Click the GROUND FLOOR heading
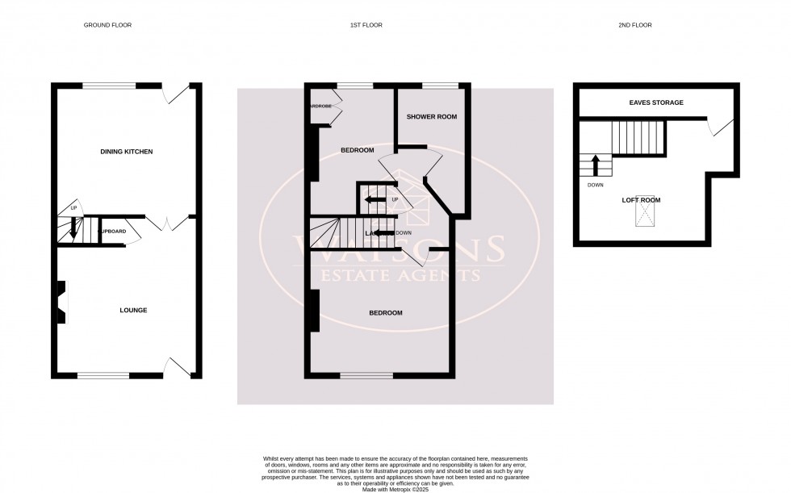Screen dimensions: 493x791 tap(107, 25)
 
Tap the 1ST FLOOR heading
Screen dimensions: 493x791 tap(360, 25)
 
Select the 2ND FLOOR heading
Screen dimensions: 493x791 tap(635, 25)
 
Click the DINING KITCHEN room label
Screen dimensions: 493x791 tap(126, 152)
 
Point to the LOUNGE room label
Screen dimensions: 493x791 tap(133, 310)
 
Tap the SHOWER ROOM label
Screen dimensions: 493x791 tap(431, 117)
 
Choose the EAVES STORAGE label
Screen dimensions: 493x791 tap(656, 102)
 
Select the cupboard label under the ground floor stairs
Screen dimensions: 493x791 tap(111, 231)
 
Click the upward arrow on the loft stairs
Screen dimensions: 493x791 tap(595, 165)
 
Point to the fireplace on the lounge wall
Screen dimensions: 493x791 tap(61, 303)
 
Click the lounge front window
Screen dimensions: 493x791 tap(103, 375)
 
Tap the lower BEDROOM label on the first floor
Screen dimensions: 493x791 tap(385, 312)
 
